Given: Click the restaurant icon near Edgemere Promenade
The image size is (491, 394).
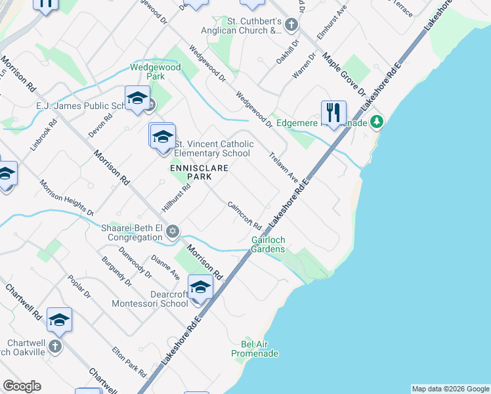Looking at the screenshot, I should point(333,112).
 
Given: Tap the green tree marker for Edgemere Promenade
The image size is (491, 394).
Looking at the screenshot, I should point(377,122).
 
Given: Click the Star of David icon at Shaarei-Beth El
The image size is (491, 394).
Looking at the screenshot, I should point(173,231).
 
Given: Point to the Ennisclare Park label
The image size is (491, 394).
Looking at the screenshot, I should point(199,173).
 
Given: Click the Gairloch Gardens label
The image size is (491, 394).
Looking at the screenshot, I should point(268,244).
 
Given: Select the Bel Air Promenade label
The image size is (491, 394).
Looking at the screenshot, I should point(255,349).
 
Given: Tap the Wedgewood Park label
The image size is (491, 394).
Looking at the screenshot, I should point(146,72).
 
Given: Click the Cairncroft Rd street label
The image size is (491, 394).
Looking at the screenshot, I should point(244,215).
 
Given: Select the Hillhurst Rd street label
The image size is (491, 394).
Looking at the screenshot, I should point(176,198).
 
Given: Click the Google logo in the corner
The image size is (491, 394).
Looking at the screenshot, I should point(22,386).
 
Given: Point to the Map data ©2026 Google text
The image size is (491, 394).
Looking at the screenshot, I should point(450,389).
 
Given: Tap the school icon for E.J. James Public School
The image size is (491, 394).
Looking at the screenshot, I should point(137,98).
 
